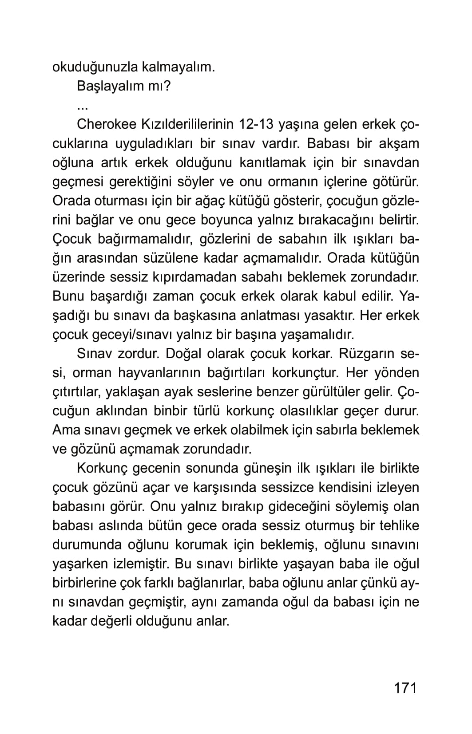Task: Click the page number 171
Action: point(405,688)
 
